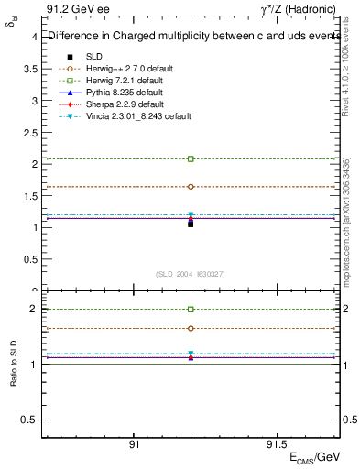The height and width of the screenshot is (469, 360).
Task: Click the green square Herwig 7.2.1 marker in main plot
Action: click(x=191, y=158)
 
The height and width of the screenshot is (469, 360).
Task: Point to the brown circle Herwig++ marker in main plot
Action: click(x=191, y=186)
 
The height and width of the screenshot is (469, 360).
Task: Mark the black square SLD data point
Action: click(x=191, y=224)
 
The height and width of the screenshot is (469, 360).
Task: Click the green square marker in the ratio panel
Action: click(x=191, y=310)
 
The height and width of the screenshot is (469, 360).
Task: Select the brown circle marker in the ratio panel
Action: click(x=191, y=328)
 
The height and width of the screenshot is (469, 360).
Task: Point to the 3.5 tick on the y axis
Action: click(x=31, y=69)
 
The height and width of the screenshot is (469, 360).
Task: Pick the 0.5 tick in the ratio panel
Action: click(x=30, y=420)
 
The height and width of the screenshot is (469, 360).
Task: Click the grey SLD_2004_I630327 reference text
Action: click(x=191, y=274)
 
